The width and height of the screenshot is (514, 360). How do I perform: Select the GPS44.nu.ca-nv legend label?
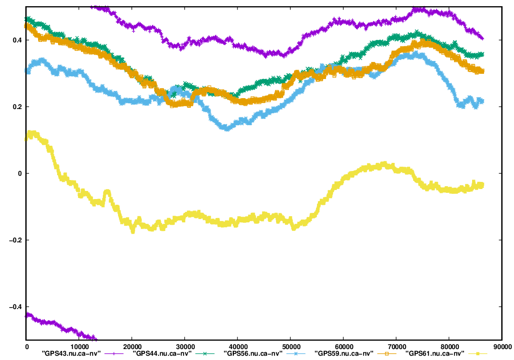coord(162,353)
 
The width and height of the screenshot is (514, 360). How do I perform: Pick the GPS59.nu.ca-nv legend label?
coord(344,353)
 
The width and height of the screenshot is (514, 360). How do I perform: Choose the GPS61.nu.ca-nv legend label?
coord(435,353)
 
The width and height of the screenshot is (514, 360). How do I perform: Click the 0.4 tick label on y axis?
coord(16,40)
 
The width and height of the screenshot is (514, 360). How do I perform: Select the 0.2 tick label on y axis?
coord(16,107)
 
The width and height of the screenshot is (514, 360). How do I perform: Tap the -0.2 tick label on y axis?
coord(14,240)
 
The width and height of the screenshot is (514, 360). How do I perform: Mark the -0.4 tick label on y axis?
coord(14,307)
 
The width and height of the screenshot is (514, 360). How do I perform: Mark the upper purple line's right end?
coord(483,39)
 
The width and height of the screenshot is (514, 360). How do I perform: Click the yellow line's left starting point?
coord(27,139)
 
